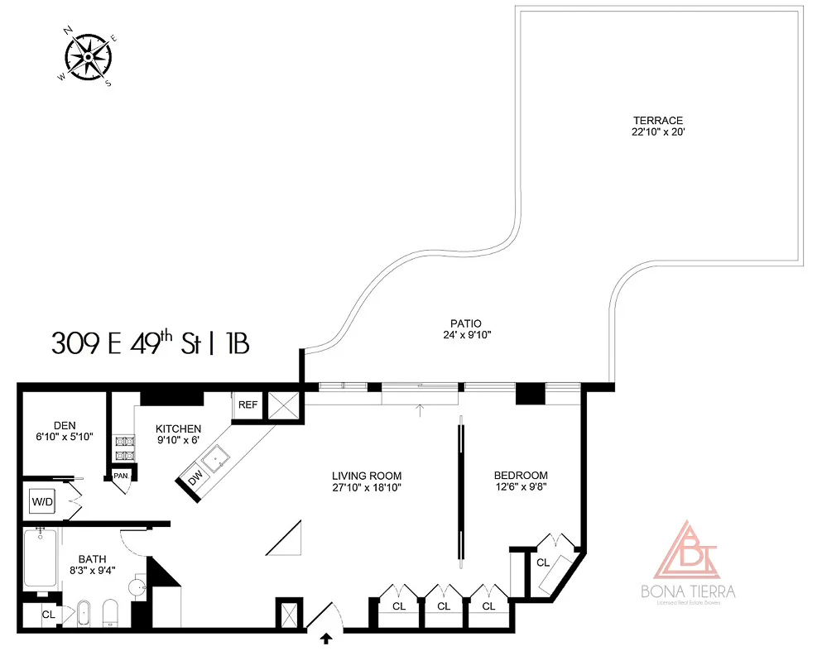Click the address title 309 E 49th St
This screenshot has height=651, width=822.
(x=149, y=342)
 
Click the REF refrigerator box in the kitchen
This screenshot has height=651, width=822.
(x=248, y=405)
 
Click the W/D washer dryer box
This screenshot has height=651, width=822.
(x=41, y=501)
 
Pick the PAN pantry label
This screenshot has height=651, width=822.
(x=120, y=476)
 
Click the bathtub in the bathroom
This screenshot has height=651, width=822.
(x=39, y=560)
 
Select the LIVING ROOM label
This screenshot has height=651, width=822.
(x=366, y=476)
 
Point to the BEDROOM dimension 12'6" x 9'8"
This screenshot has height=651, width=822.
(x=520, y=488)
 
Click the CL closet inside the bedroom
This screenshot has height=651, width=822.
(x=543, y=562)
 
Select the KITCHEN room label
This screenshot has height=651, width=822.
(x=178, y=428)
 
